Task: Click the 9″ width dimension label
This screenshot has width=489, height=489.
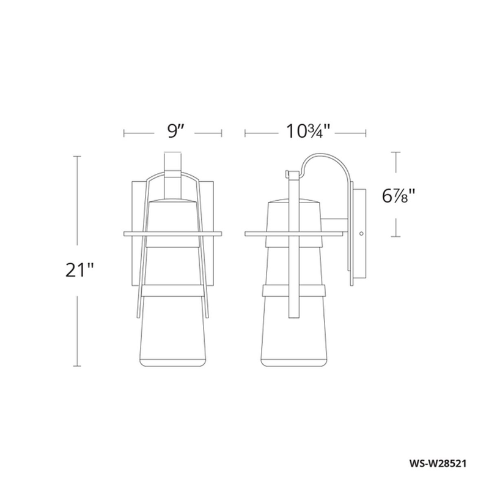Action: (175, 132)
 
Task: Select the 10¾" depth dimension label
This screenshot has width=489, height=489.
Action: (307, 132)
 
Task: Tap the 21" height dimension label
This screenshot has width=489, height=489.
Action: (79, 270)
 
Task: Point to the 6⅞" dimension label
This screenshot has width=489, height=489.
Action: (399, 196)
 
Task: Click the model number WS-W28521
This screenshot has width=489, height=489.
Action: (438, 463)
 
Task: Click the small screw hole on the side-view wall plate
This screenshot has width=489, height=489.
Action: (361, 233)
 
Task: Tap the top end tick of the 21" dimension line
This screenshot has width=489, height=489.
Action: (78, 156)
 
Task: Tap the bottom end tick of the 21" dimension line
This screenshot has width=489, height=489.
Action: (78, 366)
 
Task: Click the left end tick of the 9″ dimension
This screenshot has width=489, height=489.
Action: (124, 133)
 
